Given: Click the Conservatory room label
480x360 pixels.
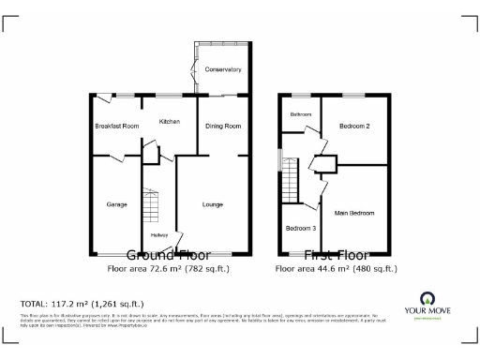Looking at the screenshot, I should tap(223, 69).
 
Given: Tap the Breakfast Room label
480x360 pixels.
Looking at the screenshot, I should tap(116, 126).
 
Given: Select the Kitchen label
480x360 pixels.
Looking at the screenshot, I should tap(170, 121).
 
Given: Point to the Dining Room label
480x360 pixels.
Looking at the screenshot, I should tap(223, 126).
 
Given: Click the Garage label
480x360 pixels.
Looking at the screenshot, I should tap(116, 203).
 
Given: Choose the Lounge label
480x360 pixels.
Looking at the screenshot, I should tap(214, 203).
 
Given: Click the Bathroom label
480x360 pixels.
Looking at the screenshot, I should tap(300, 114).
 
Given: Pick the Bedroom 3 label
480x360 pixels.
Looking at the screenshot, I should tap(301, 229).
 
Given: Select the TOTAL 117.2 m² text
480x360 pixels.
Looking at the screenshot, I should tap(82, 304).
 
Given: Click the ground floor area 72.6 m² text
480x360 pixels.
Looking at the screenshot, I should tap(169, 268).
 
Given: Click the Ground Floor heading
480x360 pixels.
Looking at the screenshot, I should tap(169, 255).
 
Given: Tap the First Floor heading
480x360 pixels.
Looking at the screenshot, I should tap(336, 255).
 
